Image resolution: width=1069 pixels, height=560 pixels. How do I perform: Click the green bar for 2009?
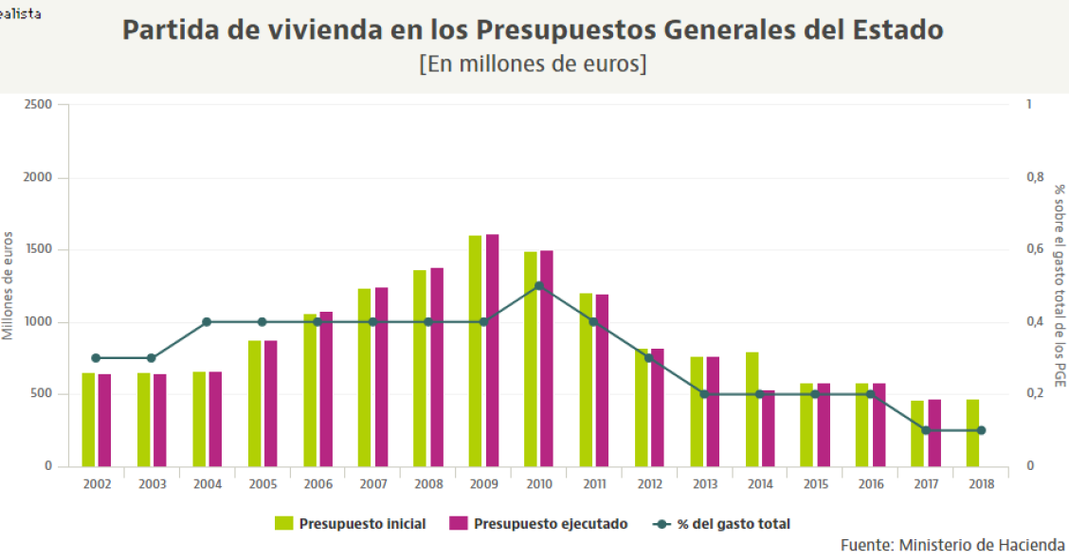pyautogui.click(x=475, y=351)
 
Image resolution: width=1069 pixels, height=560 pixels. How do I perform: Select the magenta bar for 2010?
pyautogui.click(x=547, y=358)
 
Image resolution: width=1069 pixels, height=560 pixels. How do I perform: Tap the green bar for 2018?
pyautogui.click(x=972, y=433)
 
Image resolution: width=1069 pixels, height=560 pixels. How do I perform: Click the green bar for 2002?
pyautogui.click(x=88, y=420)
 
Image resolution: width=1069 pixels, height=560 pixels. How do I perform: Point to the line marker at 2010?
pyautogui.click(x=538, y=285)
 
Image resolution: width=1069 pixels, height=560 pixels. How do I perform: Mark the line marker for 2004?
pyautogui.click(x=207, y=322)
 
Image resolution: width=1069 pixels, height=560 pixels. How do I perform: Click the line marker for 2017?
pyautogui.click(x=926, y=430)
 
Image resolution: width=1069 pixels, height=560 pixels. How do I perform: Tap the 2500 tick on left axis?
pyautogui.click(x=38, y=104)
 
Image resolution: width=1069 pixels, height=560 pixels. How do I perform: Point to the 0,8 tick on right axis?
pyautogui.click(x=1035, y=177)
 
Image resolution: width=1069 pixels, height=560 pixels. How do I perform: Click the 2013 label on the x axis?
pyautogui.click(x=704, y=483)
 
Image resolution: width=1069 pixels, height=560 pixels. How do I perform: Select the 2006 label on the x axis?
pyautogui.click(x=317, y=483)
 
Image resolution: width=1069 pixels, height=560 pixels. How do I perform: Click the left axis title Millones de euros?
pyautogui.click(x=9, y=285)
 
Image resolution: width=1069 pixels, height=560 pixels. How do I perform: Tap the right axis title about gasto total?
pyautogui.click(x=1060, y=284)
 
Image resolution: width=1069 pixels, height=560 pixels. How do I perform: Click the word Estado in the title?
pyautogui.click(x=895, y=30)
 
